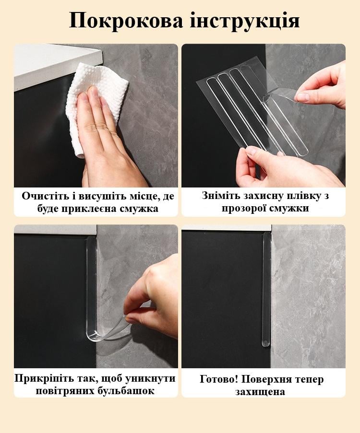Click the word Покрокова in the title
pos(126,21)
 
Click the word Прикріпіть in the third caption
pos(43,378)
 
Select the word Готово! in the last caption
pos(219,379)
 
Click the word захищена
pos(263,391)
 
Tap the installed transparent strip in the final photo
pos(266,288)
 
